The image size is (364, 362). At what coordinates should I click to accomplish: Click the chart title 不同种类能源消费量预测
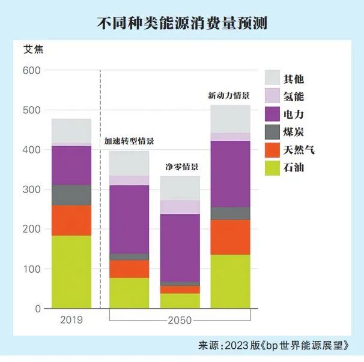(181, 23)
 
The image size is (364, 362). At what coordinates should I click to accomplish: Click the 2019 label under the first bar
(71, 319)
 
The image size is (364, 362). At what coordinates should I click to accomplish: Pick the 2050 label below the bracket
(180, 321)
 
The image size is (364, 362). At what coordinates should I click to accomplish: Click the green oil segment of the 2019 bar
(71, 271)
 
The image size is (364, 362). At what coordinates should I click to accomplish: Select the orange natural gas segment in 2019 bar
(71, 220)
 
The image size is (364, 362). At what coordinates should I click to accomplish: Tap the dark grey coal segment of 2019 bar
(71, 195)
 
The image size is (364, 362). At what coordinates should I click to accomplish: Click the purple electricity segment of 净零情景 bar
(180, 247)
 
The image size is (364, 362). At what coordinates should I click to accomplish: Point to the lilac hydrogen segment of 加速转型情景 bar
(129, 180)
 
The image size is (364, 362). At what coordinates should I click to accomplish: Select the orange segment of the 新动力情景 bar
(230, 237)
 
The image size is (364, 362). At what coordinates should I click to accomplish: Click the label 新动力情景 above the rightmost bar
(228, 95)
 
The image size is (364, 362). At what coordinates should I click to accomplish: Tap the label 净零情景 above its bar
(181, 166)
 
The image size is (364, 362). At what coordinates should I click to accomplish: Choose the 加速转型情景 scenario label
(129, 141)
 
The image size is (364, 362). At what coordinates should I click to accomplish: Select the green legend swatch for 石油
(273, 167)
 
